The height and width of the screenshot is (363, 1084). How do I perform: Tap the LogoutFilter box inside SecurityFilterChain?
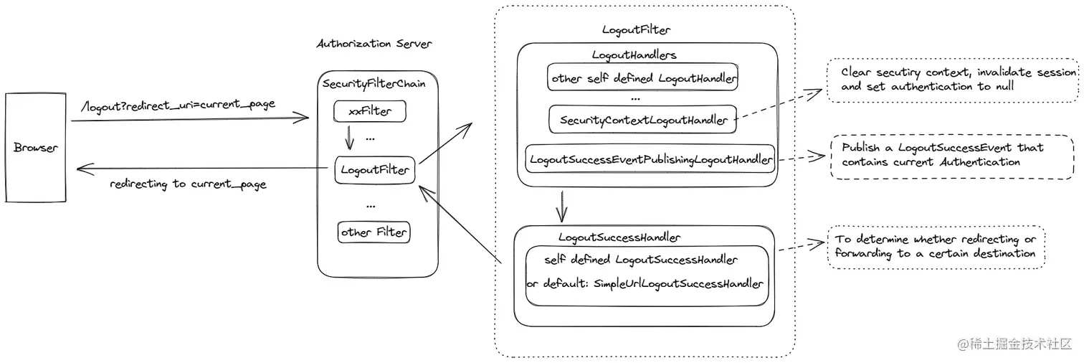(375, 170)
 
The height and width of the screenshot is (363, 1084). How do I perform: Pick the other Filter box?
(374, 232)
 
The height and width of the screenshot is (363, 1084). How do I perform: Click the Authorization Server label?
(374, 44)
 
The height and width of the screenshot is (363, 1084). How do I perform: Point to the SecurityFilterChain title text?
(374, 84)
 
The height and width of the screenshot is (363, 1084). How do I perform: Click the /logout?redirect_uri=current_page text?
(179, 105)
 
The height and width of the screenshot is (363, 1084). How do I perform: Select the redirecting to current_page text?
(188, 184)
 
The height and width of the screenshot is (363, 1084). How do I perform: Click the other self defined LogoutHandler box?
(643, 78)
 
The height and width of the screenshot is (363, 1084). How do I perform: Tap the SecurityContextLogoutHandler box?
(643, 120)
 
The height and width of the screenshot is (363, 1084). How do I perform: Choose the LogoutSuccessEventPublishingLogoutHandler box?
(651, 159)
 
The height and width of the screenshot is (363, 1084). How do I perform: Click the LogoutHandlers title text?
(634, 55)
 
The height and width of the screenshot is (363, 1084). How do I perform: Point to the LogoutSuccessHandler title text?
(619, 237)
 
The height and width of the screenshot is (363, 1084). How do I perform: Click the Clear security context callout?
(953, 80)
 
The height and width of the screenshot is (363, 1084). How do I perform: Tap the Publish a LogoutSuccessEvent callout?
(952, 155)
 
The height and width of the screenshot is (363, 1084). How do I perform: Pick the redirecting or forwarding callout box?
(936, 247)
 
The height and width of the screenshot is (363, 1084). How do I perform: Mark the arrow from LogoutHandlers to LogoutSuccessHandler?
(563, 207)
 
